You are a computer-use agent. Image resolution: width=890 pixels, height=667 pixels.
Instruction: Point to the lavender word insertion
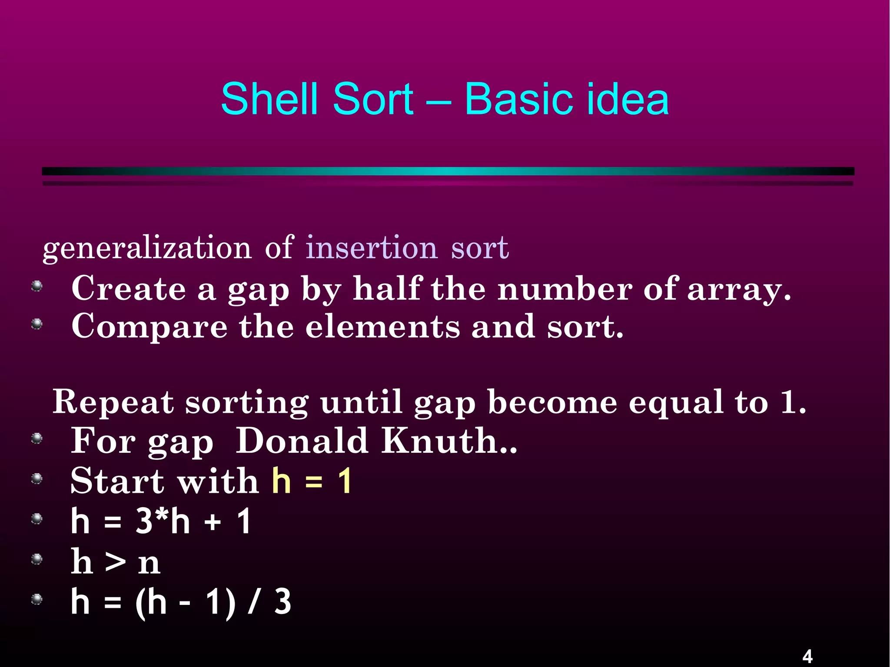[371, 248]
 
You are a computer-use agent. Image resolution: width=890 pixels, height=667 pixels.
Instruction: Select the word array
[738, 289]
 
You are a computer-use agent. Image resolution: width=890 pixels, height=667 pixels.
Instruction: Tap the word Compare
[149, 327]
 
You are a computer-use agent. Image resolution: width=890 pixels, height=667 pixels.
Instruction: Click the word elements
[382, 326]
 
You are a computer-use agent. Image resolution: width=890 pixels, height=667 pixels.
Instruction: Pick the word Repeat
[113, 402]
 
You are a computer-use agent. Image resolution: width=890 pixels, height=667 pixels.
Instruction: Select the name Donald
[302, 441]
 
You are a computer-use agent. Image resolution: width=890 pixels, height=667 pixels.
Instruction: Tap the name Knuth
[448, 441]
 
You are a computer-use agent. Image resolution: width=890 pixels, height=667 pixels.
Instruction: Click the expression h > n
[116, 561]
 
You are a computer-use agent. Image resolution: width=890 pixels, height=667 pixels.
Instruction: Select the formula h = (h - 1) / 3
[181, 602]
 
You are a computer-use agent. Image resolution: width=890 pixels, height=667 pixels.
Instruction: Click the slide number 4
[807, 656]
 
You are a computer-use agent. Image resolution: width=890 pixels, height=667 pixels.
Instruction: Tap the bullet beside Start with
[37, 479]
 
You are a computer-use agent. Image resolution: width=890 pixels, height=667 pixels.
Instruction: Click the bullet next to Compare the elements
[37, 324]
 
